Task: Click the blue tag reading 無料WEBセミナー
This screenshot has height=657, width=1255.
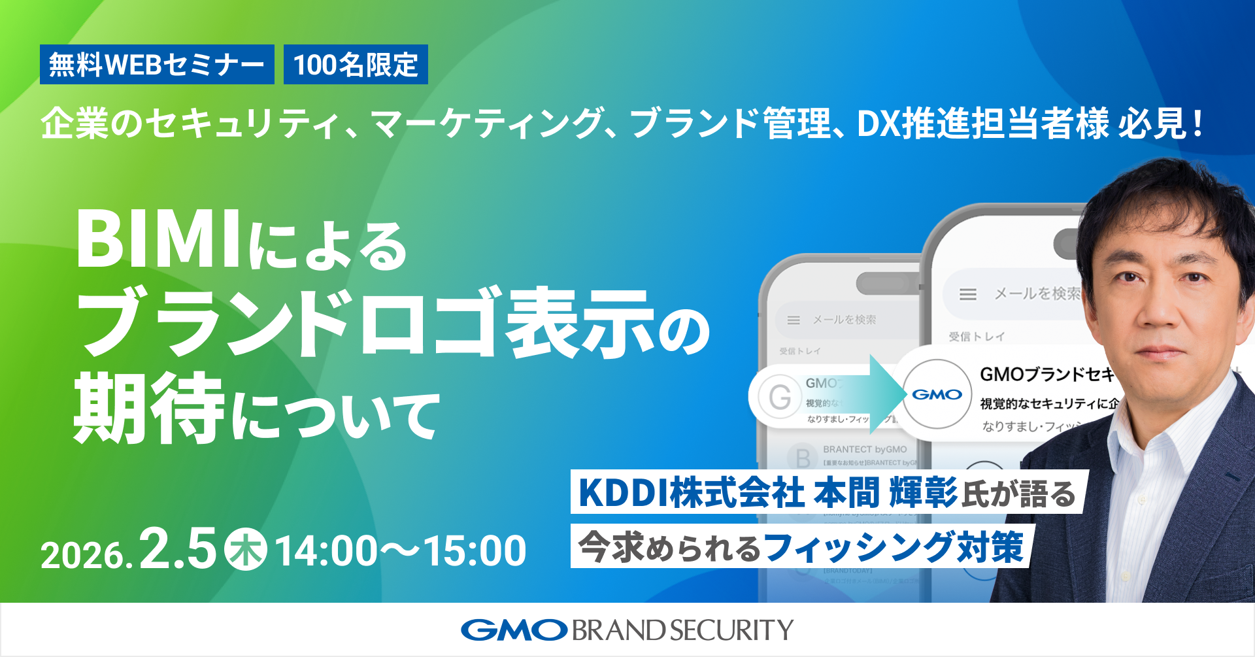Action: (x=157, y=65)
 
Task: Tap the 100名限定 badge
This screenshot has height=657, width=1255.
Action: (x=356, y=65)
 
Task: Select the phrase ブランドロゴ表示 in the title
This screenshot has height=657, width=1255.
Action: (x=366, y=324)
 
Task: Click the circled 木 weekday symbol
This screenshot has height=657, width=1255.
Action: (x=246, y=550)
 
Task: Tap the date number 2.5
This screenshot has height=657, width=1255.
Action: (x=178, y=549)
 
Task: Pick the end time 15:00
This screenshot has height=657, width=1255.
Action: (x=476, y=550)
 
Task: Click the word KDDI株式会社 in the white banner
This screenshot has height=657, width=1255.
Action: (x=692, y=493)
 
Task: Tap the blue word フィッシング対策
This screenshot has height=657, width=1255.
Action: (x=893, y=547)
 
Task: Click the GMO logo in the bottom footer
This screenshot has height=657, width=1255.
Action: (x=514, y=630)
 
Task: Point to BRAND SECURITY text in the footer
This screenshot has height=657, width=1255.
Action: (x=682, y=630)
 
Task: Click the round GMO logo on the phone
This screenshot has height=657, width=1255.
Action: (x=937, y=394)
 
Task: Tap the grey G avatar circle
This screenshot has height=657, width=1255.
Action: (x=780, y=397)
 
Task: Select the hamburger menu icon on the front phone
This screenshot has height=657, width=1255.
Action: (x=968, y=294)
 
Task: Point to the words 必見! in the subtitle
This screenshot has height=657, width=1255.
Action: (x=1161, y=123)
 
